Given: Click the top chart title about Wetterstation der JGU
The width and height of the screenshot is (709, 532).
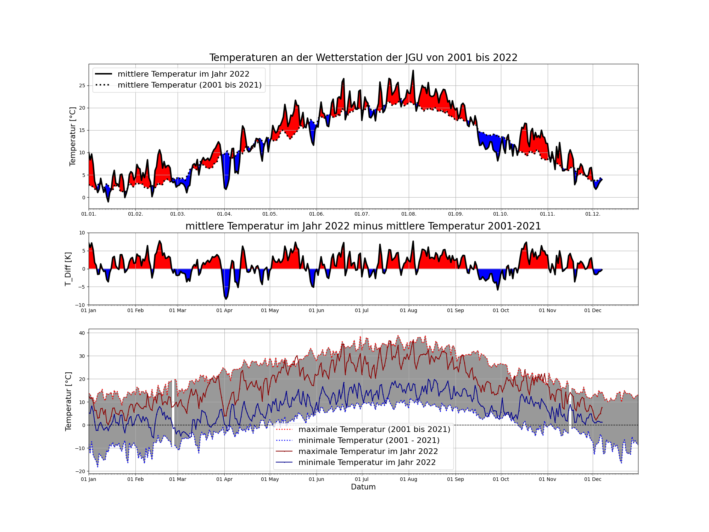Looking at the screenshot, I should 363,57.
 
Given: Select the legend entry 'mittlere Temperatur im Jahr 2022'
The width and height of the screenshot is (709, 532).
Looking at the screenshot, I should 183,74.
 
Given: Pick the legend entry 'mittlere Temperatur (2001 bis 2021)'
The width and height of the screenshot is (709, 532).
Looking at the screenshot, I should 189,85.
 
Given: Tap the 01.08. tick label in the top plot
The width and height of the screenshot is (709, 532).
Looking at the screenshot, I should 408,214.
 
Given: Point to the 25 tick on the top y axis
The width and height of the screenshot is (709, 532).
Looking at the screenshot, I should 82,85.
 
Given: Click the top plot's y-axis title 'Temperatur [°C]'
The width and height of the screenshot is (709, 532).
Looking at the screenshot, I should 73,137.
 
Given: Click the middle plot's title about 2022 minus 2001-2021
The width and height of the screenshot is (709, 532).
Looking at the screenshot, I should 363,226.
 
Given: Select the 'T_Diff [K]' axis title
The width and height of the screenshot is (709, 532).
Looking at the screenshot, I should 68,269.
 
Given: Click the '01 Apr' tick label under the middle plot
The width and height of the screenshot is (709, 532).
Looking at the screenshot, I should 224,310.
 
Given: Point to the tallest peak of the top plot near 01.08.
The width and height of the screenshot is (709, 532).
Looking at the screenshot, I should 413,71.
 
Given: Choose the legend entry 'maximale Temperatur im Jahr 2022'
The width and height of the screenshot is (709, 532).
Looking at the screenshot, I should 368,451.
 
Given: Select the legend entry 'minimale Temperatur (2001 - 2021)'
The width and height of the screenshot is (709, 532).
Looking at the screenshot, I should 369,440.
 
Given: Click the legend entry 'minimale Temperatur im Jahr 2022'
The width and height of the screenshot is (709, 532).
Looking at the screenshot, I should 367,462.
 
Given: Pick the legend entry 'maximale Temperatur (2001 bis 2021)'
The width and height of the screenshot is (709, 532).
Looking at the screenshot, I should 374,430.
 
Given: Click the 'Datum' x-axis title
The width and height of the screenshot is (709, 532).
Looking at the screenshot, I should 363,487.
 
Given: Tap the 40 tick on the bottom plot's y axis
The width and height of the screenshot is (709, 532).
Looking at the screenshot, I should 82,333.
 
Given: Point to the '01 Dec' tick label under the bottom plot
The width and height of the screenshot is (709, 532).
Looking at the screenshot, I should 593,479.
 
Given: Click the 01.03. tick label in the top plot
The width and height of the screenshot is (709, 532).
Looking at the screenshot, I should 178,214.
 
